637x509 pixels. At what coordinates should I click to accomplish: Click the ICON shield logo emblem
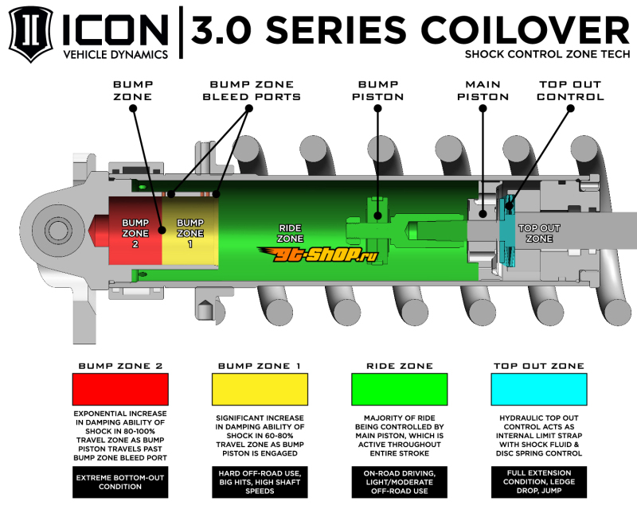coord(31,34)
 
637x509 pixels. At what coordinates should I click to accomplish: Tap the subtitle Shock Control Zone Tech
coord(547,54)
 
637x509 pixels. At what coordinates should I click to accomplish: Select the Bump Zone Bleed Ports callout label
coord(252,91)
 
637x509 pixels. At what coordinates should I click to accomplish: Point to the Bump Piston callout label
coord(377,91)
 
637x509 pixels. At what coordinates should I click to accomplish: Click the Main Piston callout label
coord(483,91)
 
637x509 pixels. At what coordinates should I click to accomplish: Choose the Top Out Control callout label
coord(570,91)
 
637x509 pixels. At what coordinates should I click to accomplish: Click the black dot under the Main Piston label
coord(483,108)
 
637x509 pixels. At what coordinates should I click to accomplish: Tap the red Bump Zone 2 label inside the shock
coord(135,233)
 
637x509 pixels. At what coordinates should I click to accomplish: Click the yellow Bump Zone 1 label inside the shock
coord(190,233)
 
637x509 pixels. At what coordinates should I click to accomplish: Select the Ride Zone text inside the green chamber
coord(290,233)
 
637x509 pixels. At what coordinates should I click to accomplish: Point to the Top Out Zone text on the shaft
coord(539,233)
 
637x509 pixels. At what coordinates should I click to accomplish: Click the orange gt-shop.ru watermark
coord(318,254)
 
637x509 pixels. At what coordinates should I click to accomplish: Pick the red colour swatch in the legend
coord(120,389)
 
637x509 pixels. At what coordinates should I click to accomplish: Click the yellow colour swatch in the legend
coord(260,389)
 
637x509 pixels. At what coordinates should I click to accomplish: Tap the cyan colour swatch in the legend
coord(539,389)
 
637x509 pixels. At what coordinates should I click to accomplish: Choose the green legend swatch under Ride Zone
coord(400,389)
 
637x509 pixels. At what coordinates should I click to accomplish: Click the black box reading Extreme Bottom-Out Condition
coord(120,482)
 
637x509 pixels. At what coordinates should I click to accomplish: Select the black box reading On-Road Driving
coord(400,482)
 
